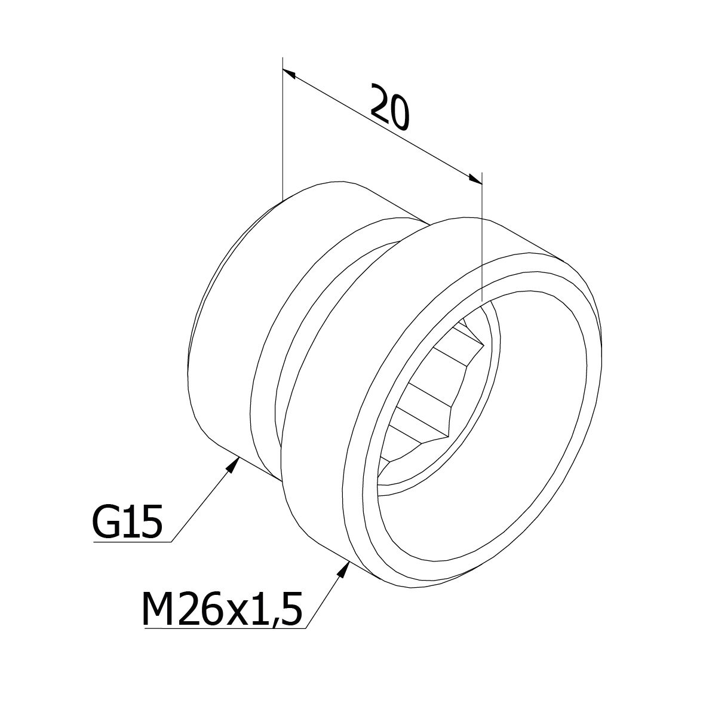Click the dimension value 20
pyautogui.click(x=390, y=107)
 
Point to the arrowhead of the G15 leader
pyautogui.click(x=233, y=463)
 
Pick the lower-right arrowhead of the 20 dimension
pyautogui.click(x=475, y=179)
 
